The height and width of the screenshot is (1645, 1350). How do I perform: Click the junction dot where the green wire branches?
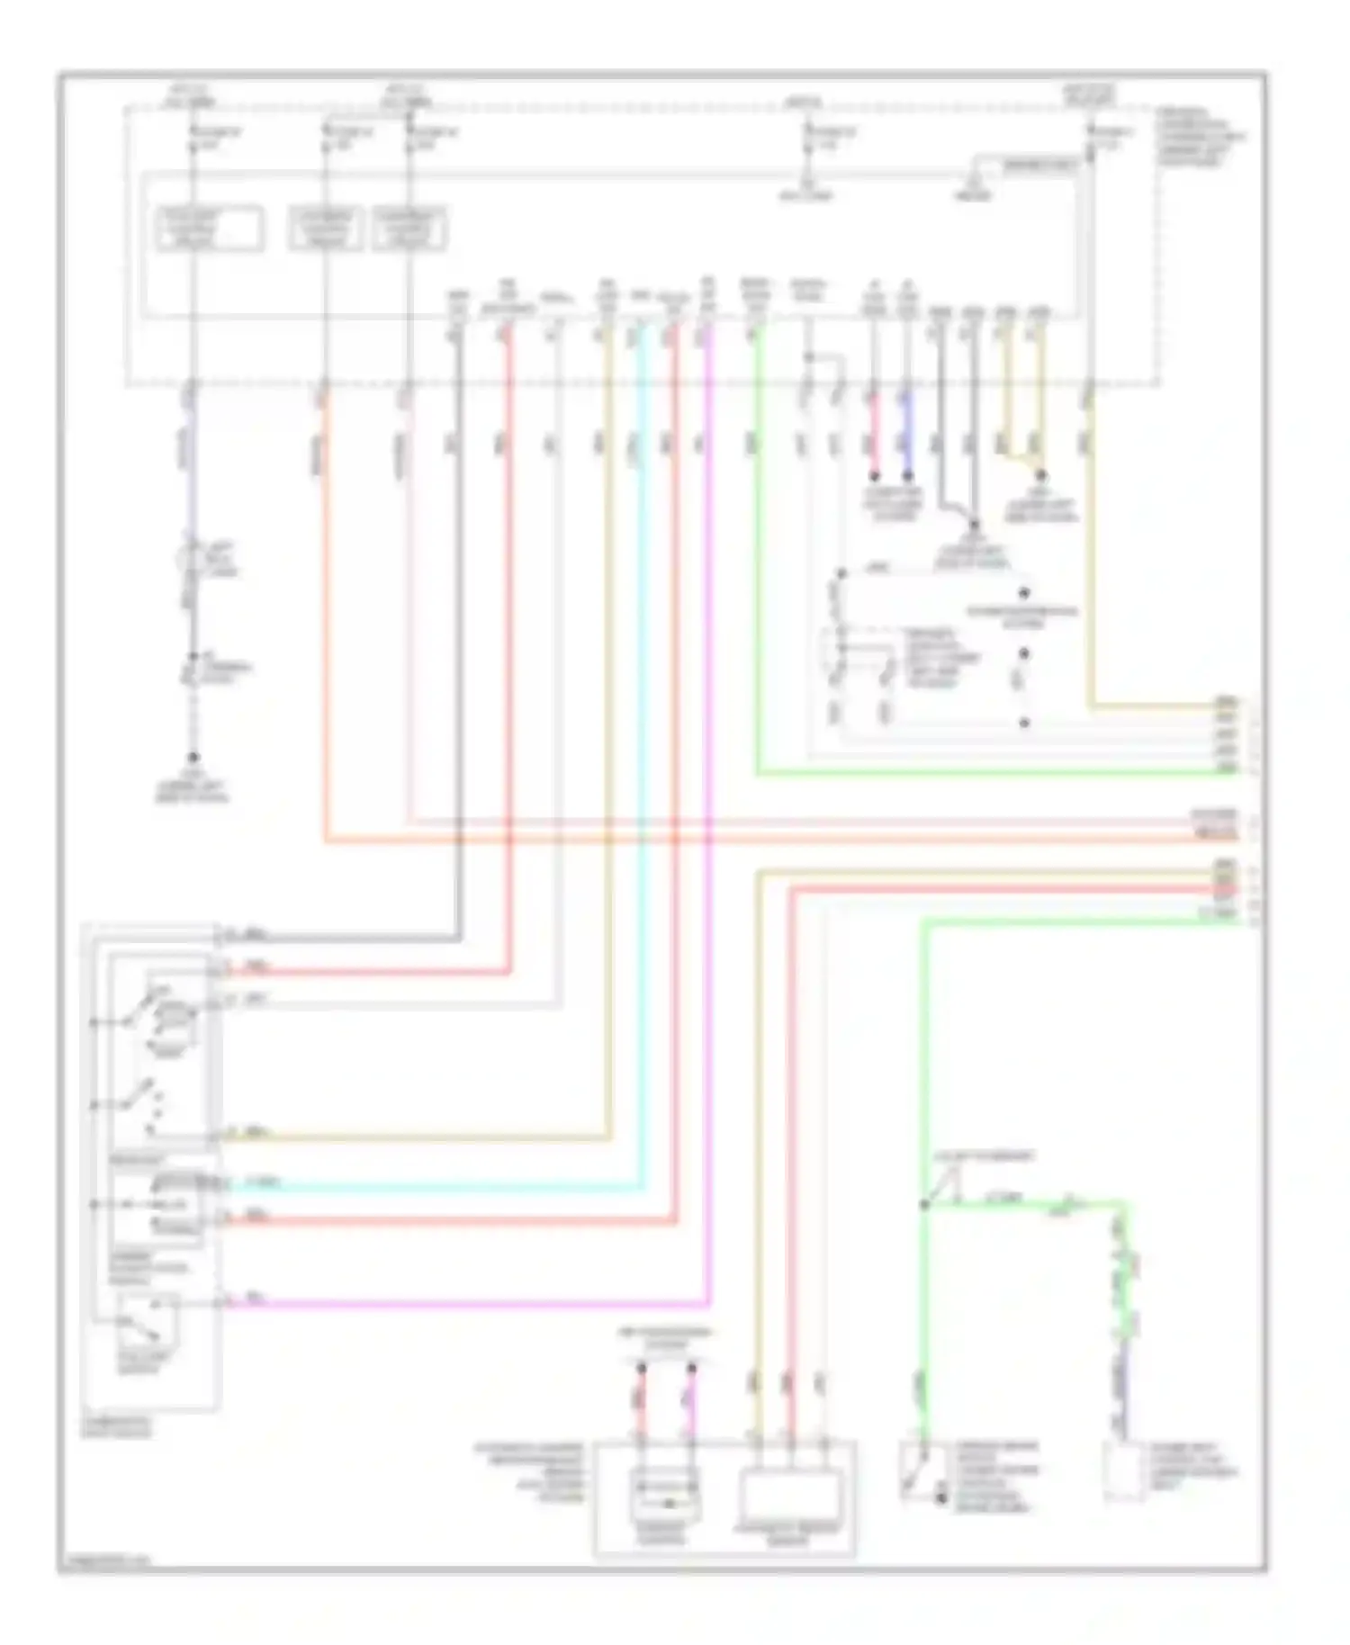pyautogui.click(x=924, y=1204)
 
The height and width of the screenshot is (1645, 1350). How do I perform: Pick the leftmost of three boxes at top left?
pyautogui.click(x=210, y=229)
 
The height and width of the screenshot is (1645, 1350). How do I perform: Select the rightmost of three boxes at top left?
pyautogui.click(x=409, y=229)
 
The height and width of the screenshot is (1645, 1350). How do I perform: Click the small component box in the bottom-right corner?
pyautogui.click(x=1126, y=1470)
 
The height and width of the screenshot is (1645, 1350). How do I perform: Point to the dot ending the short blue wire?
pyautogui.click(x=907, y=475)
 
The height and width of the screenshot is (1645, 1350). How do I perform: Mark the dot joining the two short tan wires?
pyautogui.click(x=1040, y=475)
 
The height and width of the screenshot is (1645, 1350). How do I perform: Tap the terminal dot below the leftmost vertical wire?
pyautogui.click(x=192, y=759)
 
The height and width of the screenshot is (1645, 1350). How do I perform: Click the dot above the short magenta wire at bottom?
pyautogui.click(x=691, y=1369)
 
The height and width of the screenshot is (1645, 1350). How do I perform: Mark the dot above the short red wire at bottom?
pyautogui.click(x=642, y=1369)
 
